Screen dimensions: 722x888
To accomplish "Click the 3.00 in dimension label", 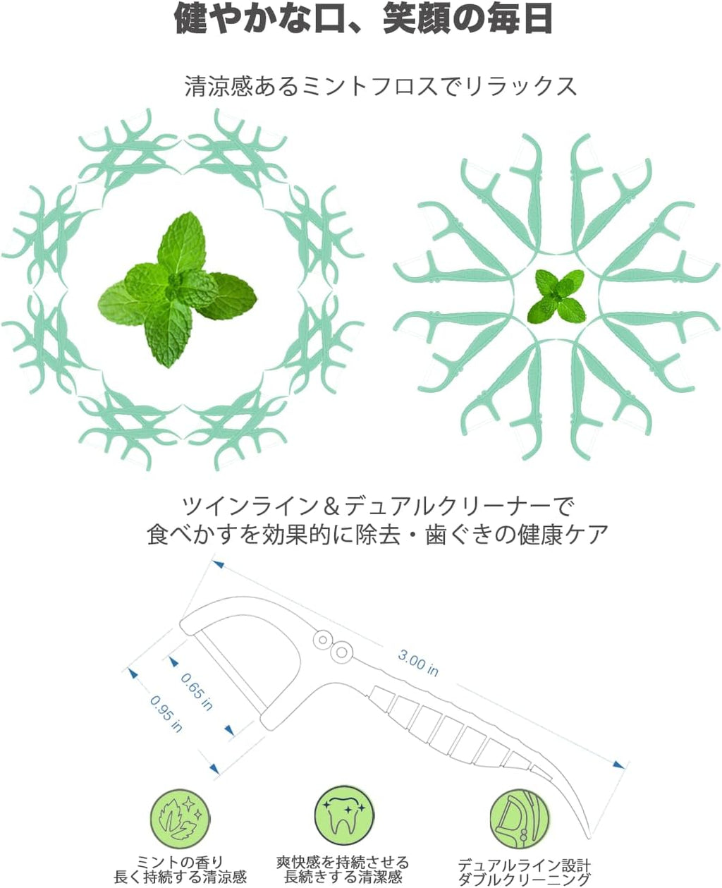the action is (x=418, y=662).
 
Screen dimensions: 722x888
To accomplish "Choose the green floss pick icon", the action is (x=520, y=819).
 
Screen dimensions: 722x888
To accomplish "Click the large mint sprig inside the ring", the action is (x=177, y=290).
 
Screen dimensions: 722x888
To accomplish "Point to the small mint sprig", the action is (x=556, y=296).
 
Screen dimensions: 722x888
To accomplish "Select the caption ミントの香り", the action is (x=180, y=861).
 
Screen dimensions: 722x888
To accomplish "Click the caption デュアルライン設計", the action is (x=525, y=864).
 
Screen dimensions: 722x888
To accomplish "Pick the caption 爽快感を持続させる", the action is (x=343, y=861).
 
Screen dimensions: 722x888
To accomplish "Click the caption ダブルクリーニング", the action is (x=525, y=880).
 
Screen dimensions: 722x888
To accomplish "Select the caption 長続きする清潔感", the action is (x=343, y=877).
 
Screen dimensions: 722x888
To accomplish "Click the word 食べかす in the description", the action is (x=192, y=534).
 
